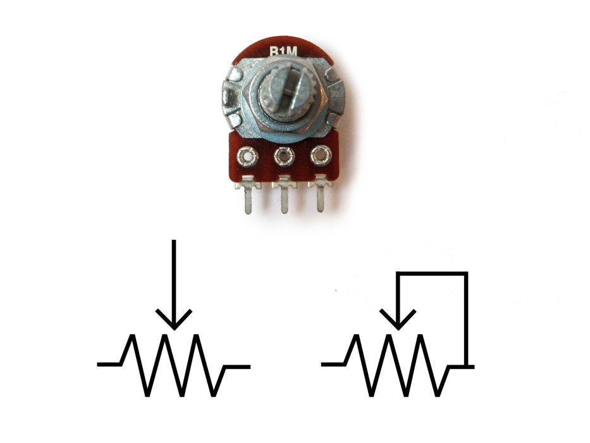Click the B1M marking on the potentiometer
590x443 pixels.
(283, 54)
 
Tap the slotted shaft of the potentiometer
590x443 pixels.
(283, 94)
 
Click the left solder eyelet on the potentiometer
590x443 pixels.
(247, 155)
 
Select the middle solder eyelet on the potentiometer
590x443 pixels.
(284, 155)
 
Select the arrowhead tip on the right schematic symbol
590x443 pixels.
(398, 328)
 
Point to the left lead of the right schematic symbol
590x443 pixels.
(333, 365)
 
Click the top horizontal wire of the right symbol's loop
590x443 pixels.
(432, 273)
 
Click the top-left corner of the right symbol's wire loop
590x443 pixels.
(398, 273)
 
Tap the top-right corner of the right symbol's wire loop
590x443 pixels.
(467, 273)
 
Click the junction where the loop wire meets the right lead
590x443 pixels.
(467, 365)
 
